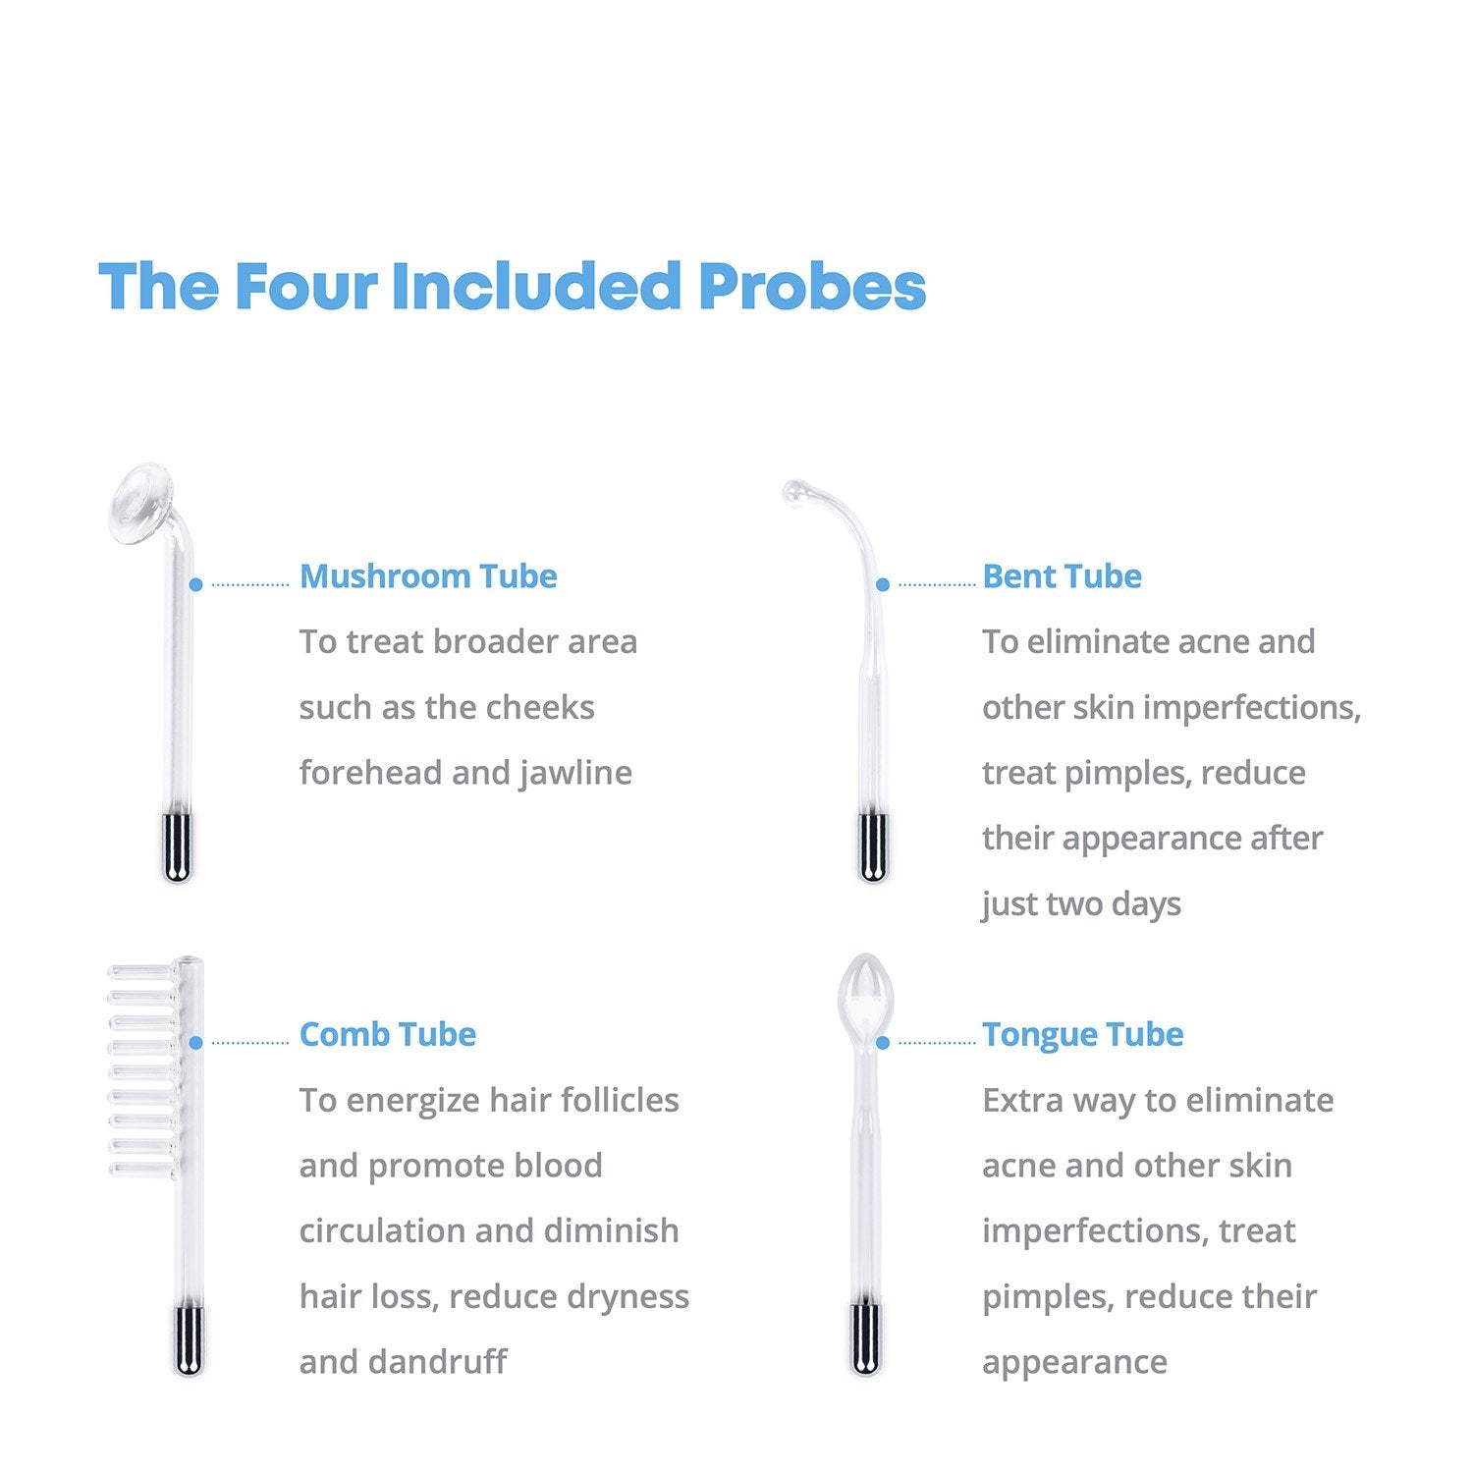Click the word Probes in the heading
coord(812,286)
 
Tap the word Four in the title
coord(305,286)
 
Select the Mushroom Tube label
coord(428,576)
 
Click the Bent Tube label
coord(1062,576)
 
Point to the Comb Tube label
coord(388,1034)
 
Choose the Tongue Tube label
coord(1083,1035)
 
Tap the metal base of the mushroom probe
coord(177,847)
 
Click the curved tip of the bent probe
coord(794,490)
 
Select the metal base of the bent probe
coord(872,847)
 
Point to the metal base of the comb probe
coord(189,1339)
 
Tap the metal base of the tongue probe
coord(865,1339)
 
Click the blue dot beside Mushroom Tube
coord(195,584)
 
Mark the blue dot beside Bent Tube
coord(882,584)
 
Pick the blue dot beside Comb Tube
coord(195,1042)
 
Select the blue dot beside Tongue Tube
coord(882,1042)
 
